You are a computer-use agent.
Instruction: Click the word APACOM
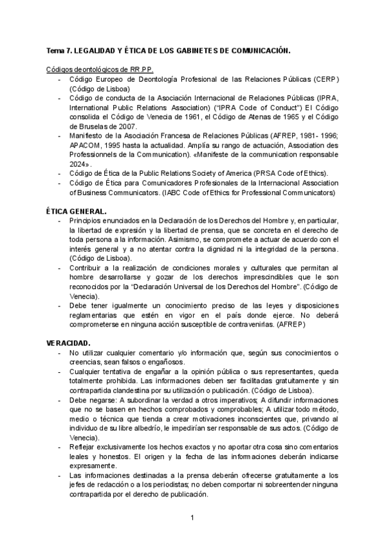[x=86, y=146]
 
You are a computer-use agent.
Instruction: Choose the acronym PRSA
[x=251, y=174]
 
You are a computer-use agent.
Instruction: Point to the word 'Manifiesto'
[x=87, y=136]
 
